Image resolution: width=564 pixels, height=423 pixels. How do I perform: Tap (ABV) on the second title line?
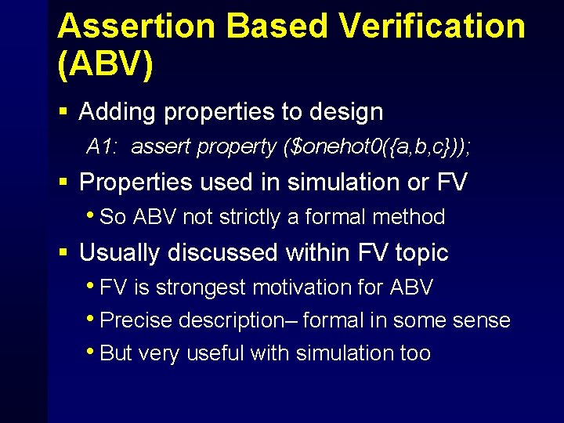[x=105, y=66]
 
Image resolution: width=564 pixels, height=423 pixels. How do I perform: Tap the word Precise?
[x=137, y=320]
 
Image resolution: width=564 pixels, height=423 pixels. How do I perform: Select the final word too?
[x=414, y=353]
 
